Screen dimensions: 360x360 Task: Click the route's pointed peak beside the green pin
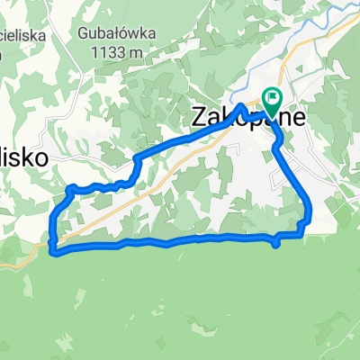pyautogui.click(x=241, y=106)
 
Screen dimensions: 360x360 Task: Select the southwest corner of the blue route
pyautogui.click(x=54, y=251)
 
